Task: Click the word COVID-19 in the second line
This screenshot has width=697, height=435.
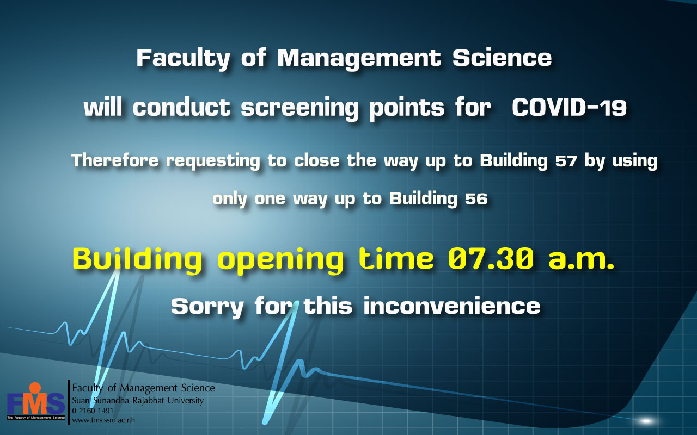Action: tap(569, 108)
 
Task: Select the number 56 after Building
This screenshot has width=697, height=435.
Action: tap(476, 199)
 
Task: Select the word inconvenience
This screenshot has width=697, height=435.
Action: tap(452, 306)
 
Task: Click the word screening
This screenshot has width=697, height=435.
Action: tap(299, 109)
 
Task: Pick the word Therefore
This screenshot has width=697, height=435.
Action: tap(115, 160)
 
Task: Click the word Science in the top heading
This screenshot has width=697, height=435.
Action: tap(502, 58)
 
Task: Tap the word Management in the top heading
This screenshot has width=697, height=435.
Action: tap(359, 59)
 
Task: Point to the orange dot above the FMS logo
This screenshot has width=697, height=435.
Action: tap(34, 388)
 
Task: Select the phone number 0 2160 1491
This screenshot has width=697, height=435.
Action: tap(93, 411)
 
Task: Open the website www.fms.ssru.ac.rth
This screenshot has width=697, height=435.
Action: tap(103, 420)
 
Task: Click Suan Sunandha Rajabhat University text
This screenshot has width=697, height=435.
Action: tap(138, 401)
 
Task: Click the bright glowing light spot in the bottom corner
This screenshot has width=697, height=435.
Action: tap(646, 421)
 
